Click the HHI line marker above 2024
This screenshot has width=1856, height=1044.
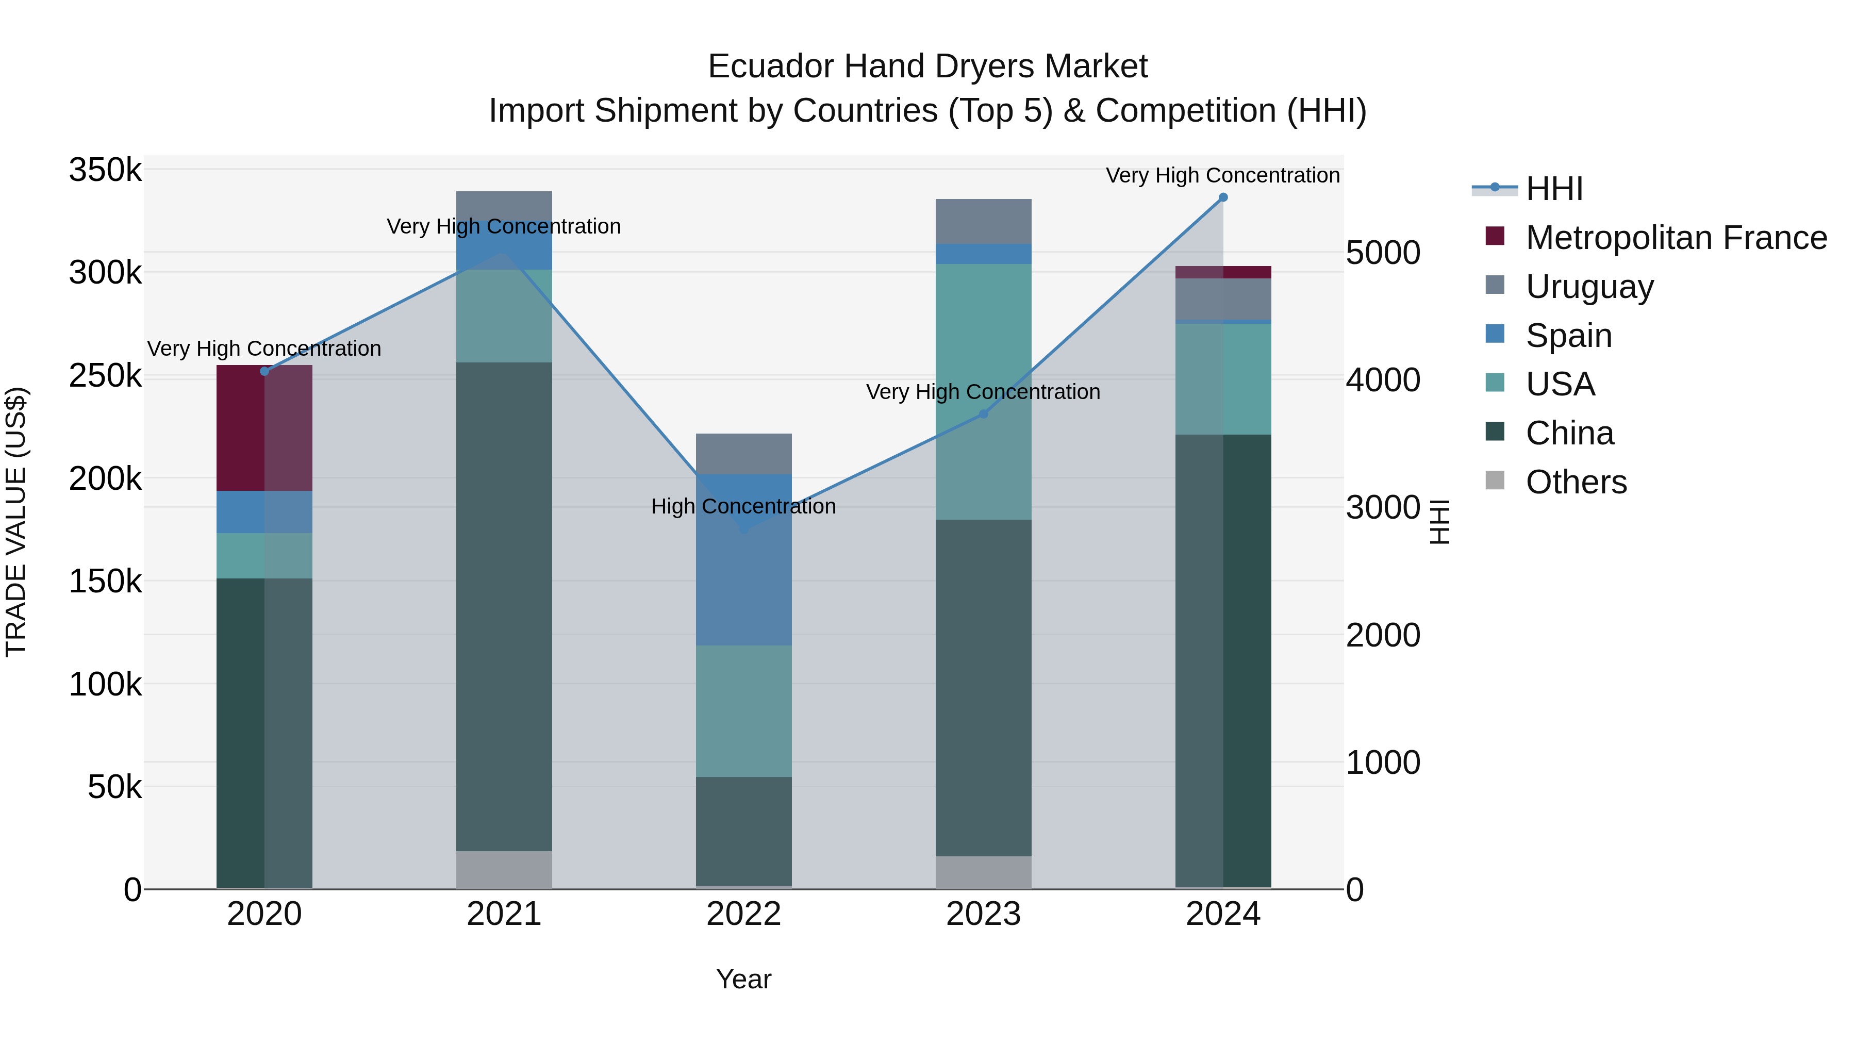(1223, 197)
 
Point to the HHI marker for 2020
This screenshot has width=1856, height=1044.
(264, 372)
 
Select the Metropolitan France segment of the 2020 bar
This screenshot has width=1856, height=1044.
(264, 428)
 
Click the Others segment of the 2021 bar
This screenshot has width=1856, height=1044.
(504, 870)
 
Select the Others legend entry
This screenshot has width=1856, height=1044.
(1576, 482)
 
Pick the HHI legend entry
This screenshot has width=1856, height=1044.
(1553, 189)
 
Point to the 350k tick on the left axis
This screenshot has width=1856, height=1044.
(105, 171)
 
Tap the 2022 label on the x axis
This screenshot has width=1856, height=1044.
(743, 914)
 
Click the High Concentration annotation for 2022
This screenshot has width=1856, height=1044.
(743, 506)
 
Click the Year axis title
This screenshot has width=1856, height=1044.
(743, 979)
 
